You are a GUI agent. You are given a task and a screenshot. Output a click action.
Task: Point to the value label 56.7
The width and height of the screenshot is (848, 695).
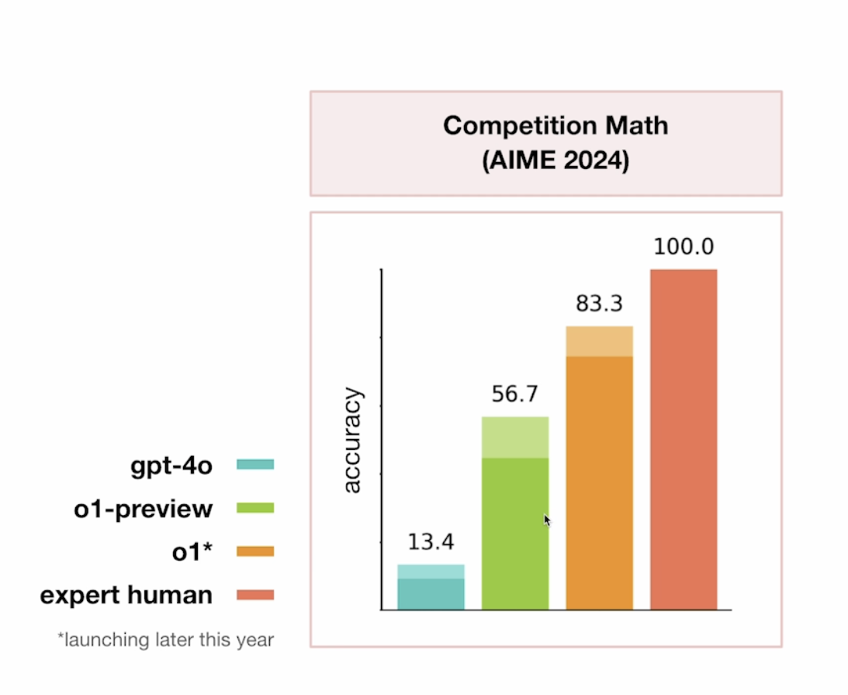click(x=514, y=395)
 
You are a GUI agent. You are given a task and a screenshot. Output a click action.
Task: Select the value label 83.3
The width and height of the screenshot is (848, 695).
click(x=599, y=303)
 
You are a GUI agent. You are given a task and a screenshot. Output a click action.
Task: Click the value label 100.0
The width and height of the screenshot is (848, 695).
click(x=683, y=247)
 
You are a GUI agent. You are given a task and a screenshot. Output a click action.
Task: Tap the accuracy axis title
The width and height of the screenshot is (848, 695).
click(x=352, y=440)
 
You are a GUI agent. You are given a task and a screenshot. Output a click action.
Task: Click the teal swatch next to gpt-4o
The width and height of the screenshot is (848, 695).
click(x=255, y=465)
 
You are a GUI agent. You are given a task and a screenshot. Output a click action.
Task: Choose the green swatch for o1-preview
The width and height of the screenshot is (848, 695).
click(x=255, y=508)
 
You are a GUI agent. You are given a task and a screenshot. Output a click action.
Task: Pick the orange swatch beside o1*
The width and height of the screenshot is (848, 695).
click(x=255, y=552)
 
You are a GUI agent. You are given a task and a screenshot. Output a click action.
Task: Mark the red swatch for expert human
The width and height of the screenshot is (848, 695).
click(x=255, y=595)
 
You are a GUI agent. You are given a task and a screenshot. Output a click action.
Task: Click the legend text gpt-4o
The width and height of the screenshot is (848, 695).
click(x=171, y=465)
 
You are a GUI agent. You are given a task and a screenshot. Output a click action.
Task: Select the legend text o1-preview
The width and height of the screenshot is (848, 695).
click(x=144, y=509)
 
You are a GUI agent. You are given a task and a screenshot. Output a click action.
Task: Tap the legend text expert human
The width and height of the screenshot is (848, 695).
click(x=126, y=595)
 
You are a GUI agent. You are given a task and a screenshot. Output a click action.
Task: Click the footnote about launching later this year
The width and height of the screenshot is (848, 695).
click(x=165, y=640)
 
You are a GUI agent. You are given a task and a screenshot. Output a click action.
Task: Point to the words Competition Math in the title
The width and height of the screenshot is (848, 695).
click(x=555, y=126)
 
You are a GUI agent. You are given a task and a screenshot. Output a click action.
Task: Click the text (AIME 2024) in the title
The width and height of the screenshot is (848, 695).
click(x=555, y=163)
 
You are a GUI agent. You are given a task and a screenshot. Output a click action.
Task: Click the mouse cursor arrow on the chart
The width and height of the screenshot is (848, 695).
click(x=547, y=520)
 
